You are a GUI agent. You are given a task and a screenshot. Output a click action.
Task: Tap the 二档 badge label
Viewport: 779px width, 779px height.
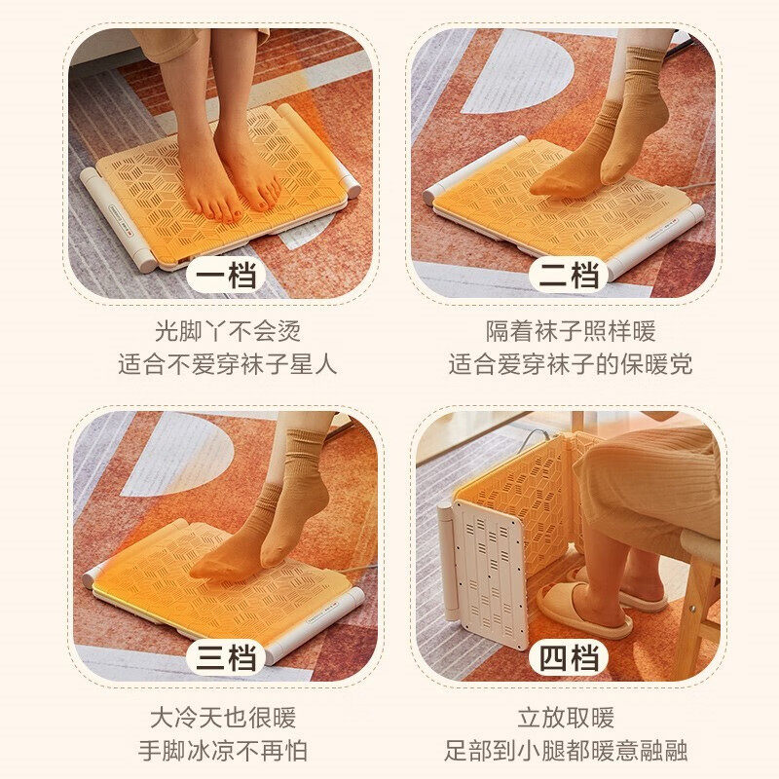point(570,276)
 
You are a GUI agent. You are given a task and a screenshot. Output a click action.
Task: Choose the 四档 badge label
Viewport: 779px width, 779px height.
point(570,658)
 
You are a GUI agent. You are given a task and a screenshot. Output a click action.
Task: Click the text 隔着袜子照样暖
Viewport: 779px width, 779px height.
point(570,331)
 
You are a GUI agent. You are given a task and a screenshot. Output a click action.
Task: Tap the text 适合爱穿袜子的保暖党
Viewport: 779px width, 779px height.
point(570,366)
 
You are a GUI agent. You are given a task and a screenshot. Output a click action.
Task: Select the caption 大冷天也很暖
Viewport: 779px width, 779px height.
point(222,719)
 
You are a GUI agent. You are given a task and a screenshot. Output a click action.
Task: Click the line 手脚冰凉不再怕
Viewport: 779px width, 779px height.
point(222,752)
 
